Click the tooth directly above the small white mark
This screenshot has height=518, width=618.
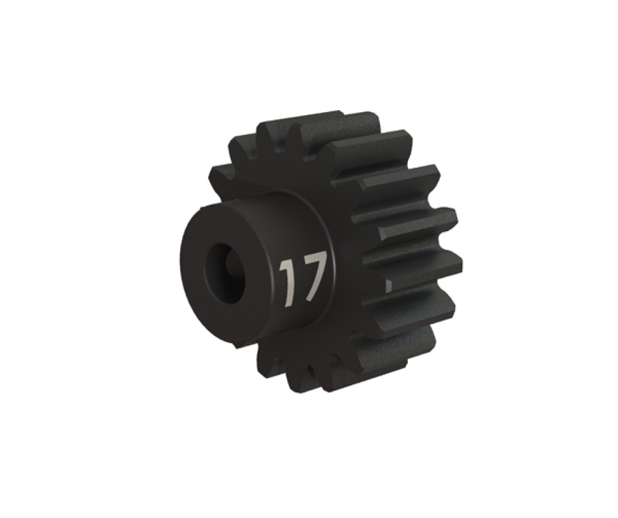[410, 263]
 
